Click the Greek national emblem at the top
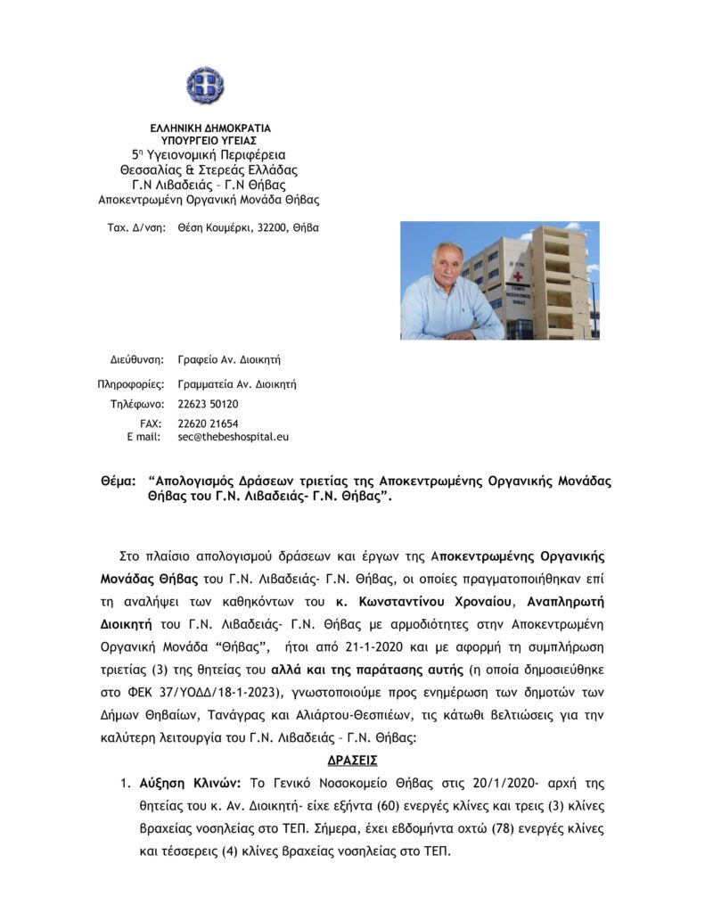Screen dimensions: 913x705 click(204, 85)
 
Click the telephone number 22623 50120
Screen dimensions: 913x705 click(209, 404)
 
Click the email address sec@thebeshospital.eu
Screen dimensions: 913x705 click(234, 437)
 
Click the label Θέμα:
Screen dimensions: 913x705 click(119, 481)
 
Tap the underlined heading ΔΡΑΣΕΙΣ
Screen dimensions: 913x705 click(353, 761)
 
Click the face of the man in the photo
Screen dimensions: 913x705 click(447, 267)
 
